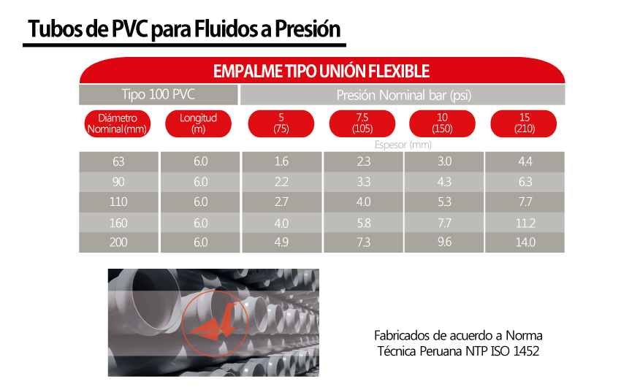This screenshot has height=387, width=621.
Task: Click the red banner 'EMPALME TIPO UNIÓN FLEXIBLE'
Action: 321,71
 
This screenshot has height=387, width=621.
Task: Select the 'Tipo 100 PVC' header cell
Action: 159,95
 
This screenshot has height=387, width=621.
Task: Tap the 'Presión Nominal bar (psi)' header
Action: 403,95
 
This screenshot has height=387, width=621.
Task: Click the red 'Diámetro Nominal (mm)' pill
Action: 118,123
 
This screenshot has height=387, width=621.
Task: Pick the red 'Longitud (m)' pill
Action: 199,123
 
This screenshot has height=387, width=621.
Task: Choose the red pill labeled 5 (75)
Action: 281,123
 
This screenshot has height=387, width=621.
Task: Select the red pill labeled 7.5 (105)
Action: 362,123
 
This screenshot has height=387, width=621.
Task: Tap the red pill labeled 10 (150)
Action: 443,123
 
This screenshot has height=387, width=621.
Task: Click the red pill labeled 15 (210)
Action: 525,123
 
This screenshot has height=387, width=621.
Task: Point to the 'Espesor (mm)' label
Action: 403,145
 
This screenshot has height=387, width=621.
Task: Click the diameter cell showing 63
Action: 118,161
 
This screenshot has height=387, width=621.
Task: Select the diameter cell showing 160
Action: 118,223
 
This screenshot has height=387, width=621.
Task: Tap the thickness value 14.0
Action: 525,242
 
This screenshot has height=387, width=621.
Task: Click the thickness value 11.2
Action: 525,223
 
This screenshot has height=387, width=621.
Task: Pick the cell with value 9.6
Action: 443,242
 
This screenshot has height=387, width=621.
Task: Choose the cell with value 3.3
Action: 362,182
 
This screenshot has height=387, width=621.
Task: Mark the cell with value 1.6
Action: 281,161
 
